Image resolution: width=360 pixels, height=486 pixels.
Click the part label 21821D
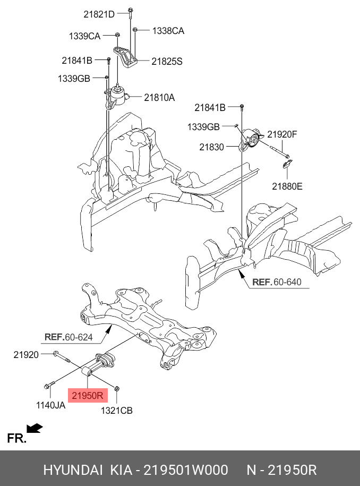[99, 14]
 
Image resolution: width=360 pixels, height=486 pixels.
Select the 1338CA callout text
[168, 31]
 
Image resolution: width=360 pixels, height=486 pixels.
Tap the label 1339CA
[84, 36]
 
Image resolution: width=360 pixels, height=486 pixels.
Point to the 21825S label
[167, 62]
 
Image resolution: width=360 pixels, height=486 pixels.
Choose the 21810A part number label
[159, 98]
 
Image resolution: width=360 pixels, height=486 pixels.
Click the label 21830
[211, 147]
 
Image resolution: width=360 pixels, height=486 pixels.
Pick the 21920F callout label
[282, 134]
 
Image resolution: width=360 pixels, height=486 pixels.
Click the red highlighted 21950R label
[87, 396]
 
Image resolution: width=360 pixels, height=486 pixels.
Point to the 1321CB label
[117, 410]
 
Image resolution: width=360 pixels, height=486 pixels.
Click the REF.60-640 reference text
[280, 283]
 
